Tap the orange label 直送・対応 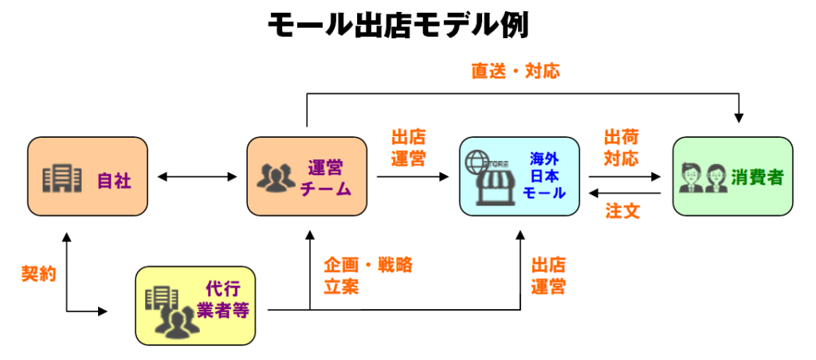(515, 71)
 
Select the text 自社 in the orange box (114, 180)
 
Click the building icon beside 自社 (62, 178)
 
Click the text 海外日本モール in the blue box (547, 176)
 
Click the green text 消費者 (757, 177)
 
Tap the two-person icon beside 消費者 (702, 178)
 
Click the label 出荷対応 (621, 147)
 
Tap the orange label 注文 (622, 212)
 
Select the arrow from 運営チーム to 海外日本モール (413, 177)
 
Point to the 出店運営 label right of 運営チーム (408, 147)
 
